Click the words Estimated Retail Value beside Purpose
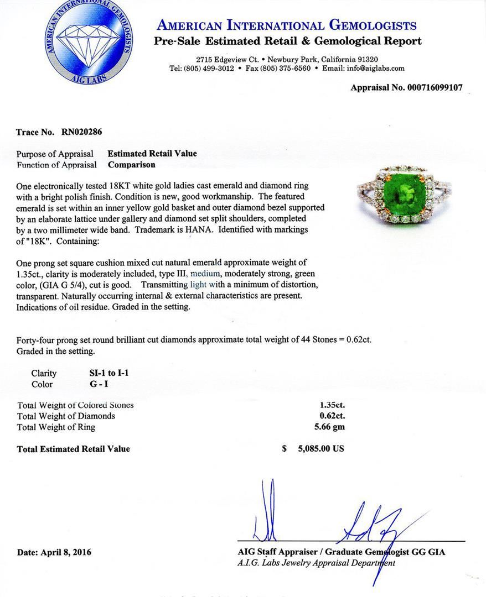click(152, 154)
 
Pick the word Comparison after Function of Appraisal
click(132, 164)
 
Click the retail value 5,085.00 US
click(321, 449)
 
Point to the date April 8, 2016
click(54, 552)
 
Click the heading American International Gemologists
click(287, 25)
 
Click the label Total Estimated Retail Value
click(74, 449)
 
